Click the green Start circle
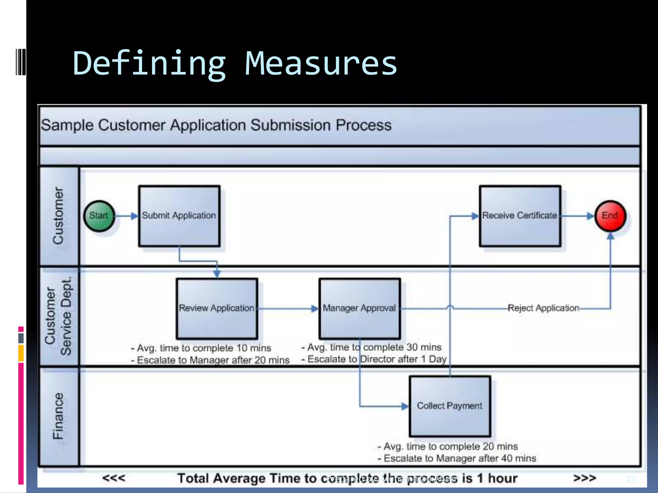tap(99, 216)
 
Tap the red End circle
tap(610, 216)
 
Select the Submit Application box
tap(179, 216)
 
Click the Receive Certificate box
tap(520, 216)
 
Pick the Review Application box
tap(217, 308)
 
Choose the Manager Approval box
tap(360, 308)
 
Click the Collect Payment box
tap(450, 406)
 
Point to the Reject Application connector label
tap(543, 308)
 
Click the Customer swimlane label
tap(58, 216)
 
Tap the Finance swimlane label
tap(58, 416)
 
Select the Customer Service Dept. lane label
tap(58, 316)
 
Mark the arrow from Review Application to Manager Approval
tap(288, 309)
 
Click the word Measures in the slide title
tap(321, 63)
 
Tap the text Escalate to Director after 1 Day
tap(377, 359)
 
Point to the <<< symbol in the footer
tap(114, 478)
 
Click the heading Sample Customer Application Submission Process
tap(216, 125)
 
